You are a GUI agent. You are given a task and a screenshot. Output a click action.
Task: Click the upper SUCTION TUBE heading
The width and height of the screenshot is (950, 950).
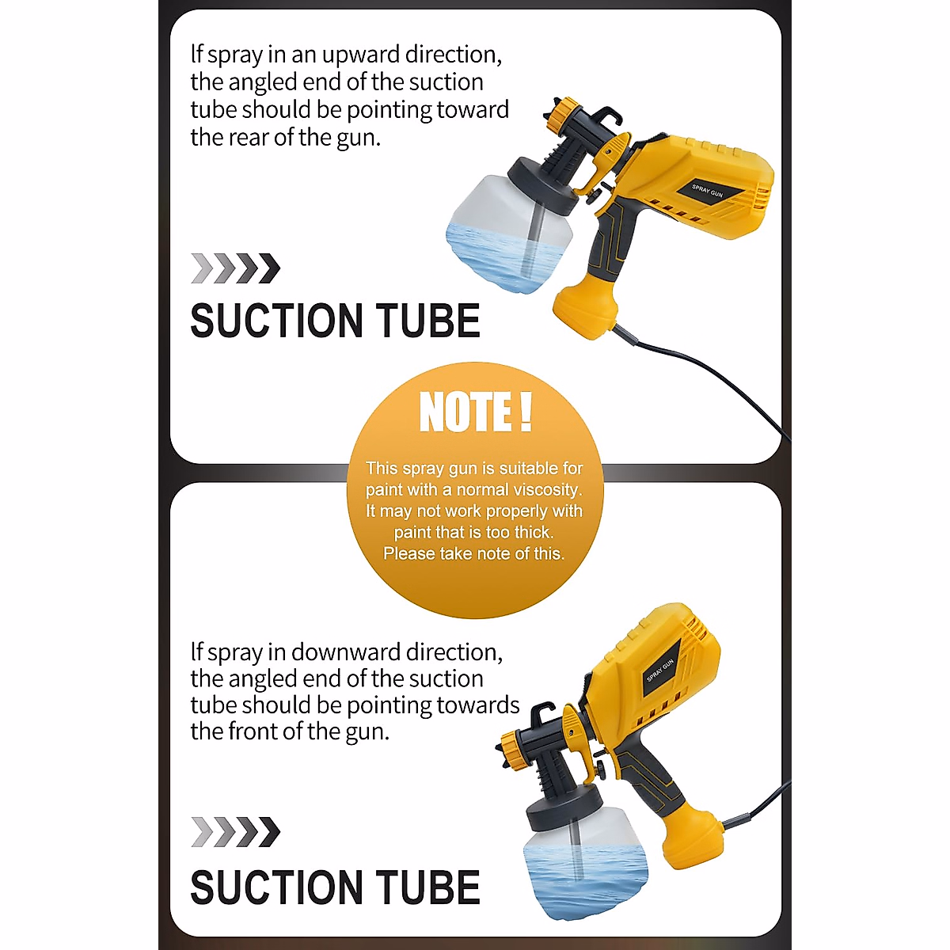tap(335, 321)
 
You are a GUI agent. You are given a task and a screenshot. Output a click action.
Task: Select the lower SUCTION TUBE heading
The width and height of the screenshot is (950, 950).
tap(335, 887)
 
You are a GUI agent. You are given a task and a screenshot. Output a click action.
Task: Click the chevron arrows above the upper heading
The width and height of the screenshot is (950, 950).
tap(236, 269)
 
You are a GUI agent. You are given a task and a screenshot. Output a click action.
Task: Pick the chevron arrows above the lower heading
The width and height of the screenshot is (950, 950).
tap(236, 832)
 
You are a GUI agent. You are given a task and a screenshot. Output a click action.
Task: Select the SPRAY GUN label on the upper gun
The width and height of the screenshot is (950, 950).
tap(707, 190)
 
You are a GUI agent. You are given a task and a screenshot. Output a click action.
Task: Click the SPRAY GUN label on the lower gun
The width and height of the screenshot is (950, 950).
tap(660, 670)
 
